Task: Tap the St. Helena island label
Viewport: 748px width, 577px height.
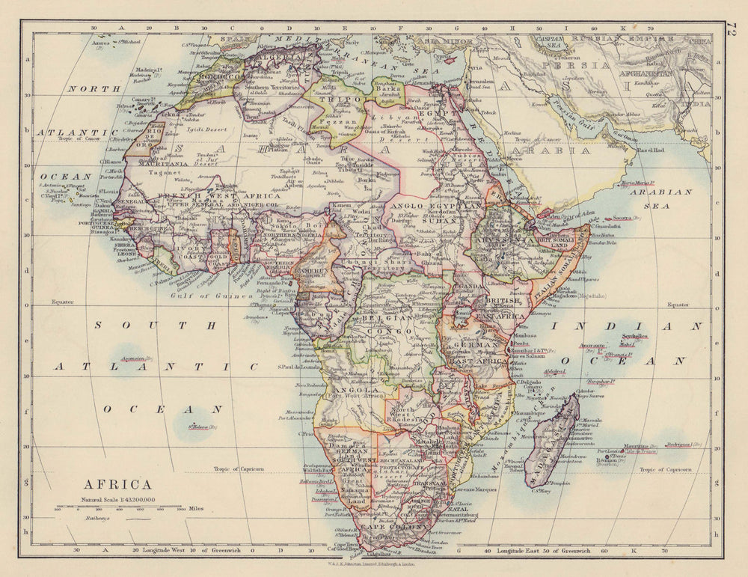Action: coord(202,427)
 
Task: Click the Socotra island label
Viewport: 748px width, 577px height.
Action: coord(604,218)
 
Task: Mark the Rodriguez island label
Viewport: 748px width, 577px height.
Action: coord(682,445)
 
